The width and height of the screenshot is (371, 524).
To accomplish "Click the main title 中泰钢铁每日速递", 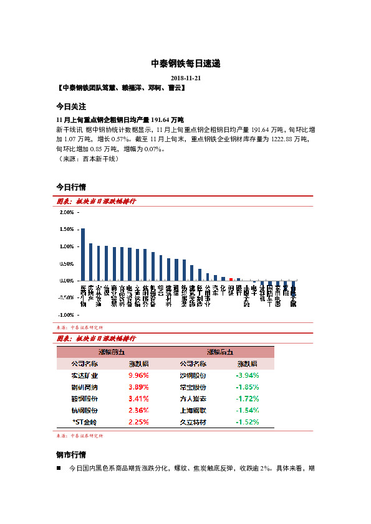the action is pos(185,63).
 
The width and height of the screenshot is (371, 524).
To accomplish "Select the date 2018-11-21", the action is pos(185,78).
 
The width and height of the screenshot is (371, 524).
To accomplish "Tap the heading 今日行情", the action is pos(71,187).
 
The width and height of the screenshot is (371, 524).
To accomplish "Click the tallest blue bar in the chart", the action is pos(83,254).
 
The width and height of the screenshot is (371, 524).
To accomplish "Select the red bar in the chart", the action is pos(231,279).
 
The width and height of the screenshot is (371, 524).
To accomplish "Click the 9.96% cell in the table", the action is pos(138,375).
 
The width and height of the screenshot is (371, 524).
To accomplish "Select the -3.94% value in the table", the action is pos(247,375).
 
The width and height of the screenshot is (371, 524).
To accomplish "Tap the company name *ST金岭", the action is pos(85,422).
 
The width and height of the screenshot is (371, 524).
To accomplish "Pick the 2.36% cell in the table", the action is pos(138,410).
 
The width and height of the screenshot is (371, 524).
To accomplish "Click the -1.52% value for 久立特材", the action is pos(247,422).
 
